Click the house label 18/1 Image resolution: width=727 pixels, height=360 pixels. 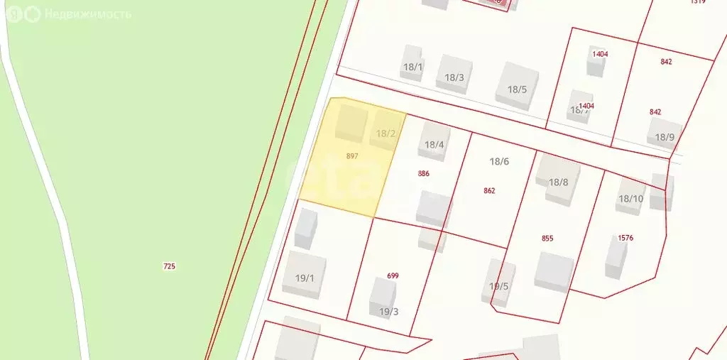tap(413, 67)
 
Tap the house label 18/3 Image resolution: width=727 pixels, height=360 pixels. tap(454, 78)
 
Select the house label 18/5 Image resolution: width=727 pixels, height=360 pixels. tap(517, 89)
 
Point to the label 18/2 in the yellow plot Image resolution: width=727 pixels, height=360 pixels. tap(386, 133)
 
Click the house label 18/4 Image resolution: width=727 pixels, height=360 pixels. tap(434, 145)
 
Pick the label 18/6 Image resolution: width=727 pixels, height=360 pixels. tap(499, 161)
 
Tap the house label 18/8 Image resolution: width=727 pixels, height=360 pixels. tap(559, 182)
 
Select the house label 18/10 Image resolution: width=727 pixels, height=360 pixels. tap(630, 199)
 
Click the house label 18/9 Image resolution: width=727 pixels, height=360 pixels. tap(665, 137)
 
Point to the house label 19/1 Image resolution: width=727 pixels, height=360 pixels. tap(304, 278)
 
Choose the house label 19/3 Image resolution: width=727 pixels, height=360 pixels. tap(388, 311)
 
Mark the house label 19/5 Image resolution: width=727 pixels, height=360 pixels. tap(498, 286)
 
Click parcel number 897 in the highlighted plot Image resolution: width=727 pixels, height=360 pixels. tap(352, 156)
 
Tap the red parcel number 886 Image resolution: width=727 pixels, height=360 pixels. tap(424, 173)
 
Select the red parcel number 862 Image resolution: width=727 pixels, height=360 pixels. tap(489, 190)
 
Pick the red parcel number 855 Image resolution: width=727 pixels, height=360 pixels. tap(547, 239)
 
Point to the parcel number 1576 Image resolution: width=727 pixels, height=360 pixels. tap(625, 238)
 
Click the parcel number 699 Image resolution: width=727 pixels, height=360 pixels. tap(393, 276)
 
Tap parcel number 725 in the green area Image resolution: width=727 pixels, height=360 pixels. tap(169, 266)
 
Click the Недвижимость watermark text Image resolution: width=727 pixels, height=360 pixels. tap(87, 14)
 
